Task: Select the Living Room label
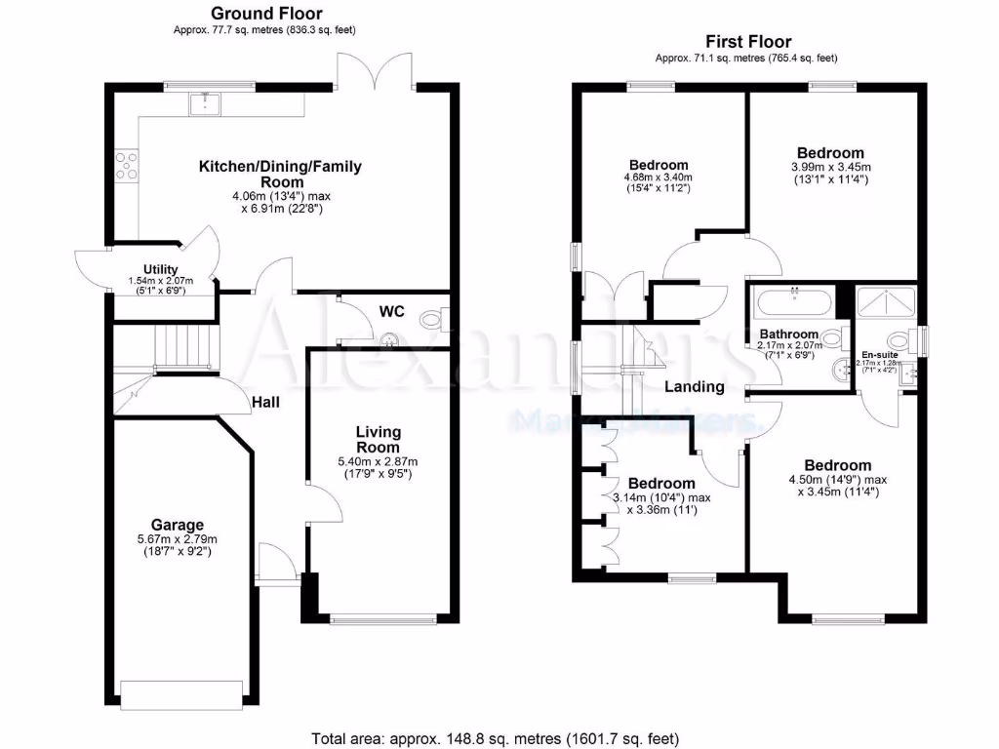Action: coord(379,439)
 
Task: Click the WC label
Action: coord(391,311)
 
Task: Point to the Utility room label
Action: coord(160,268)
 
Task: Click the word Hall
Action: coord(268,401)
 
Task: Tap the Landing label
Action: coord(694,386)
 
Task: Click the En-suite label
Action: coord(879,355)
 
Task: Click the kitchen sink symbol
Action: coord(206,102)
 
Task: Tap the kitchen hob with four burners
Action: coord(127,166)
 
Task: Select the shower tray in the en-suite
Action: coord(886,302)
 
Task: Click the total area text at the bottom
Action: coord(495,737)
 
